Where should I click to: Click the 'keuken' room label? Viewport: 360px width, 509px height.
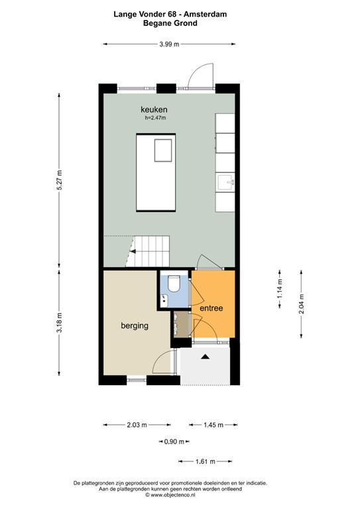[154, 109]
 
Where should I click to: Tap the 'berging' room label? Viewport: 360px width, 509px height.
[135, 325]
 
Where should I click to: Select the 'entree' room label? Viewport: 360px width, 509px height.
[211, 308]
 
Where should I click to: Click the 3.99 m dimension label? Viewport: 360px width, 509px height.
[169, 44]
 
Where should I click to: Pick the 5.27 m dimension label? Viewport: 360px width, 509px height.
[59, 180]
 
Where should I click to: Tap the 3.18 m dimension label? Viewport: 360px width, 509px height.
[59, 322]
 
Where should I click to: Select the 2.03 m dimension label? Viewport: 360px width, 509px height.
[137, 425]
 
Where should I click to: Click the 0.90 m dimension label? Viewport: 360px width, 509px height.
[174, 441]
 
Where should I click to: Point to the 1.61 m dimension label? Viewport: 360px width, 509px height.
[205, 461]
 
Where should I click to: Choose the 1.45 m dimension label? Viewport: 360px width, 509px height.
[213, 425]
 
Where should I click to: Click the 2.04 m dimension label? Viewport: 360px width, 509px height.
[301, 304]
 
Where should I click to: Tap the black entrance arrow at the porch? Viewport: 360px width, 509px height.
[205, 357]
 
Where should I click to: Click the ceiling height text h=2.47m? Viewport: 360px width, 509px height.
[155, 118]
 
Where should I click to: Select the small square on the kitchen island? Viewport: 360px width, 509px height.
[163, 150]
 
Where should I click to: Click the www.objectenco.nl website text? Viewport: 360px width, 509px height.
[170, 495]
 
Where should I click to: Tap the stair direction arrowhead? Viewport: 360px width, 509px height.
[133, 251]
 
